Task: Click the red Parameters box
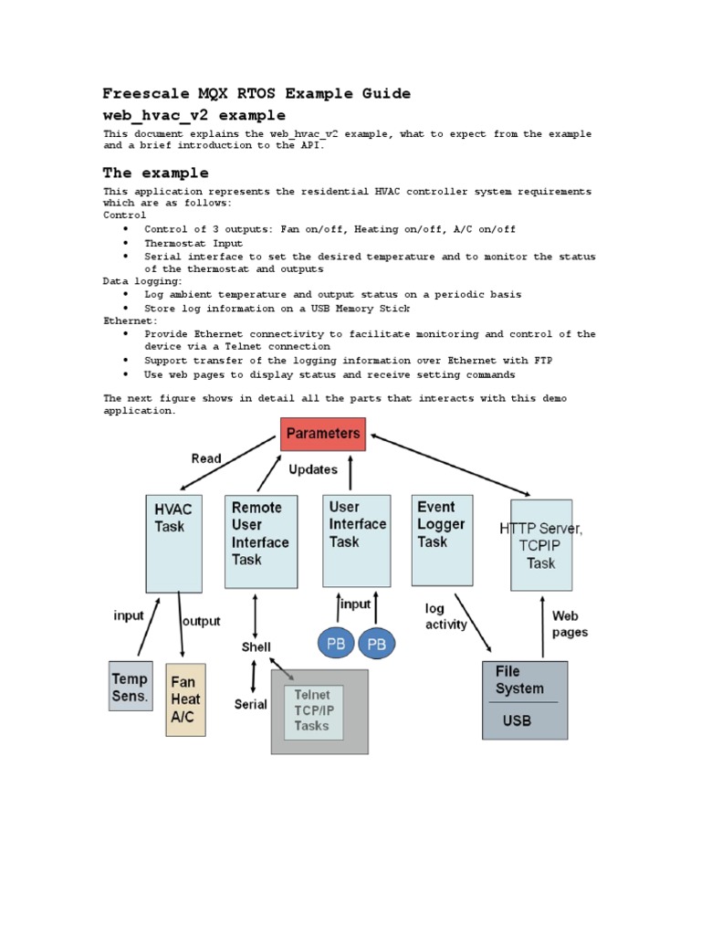[x=323, y=434]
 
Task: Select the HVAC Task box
[x=173, y=543]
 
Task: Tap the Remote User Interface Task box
[x=260, y=541]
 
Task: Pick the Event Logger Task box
[x=443, y=540]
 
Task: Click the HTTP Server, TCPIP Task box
[x=540, y=545]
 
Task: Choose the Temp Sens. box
[x=131, y=687]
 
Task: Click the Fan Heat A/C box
[x=185, y=699]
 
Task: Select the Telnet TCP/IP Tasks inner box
[x=312, y=712]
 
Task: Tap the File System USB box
[x=524, y=699]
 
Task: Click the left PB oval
[x=336, y=644]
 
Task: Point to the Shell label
[x=256, y=647]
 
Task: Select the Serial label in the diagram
[x=251, y=704]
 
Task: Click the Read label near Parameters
[x=205, y=458]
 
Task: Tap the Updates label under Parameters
[x=313, y=469]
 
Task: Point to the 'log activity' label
[x=445, y=616]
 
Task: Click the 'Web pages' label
[x=570, y=624]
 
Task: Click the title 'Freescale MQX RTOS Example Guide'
[x=256, y=93]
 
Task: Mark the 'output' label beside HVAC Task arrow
[x=202, y=621]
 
